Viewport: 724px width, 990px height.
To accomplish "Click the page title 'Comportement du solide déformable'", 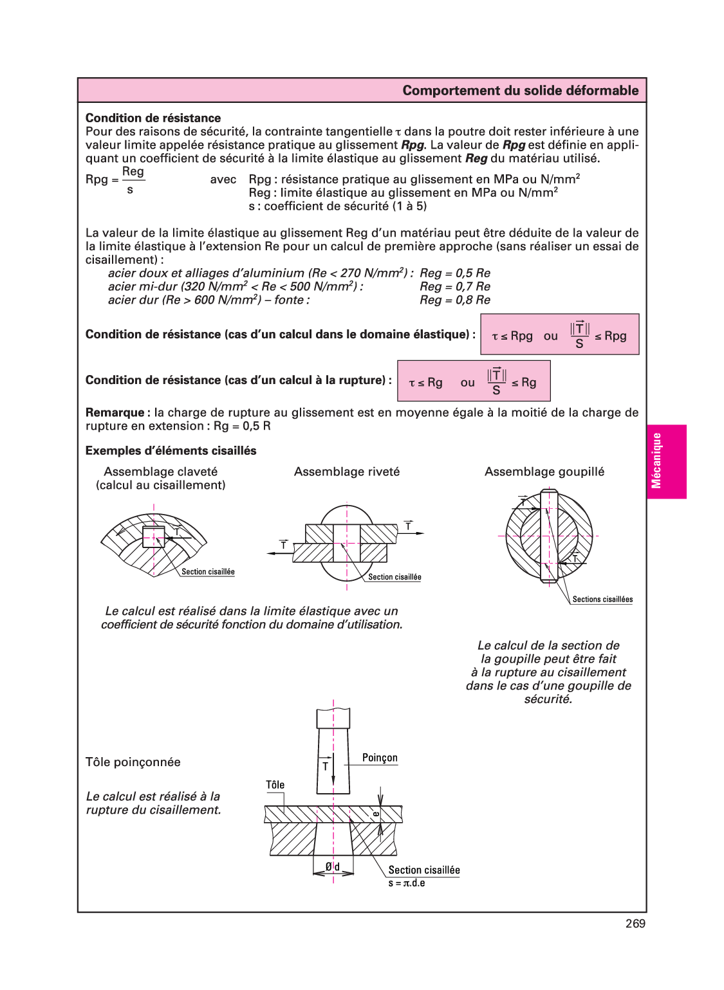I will pyautogui.click(x=520, y=91).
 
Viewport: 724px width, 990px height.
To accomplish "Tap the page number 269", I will pyautogui.click(x=635, y=924).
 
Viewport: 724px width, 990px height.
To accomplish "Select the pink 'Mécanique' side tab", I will pyautogui.click(x=667, y=461).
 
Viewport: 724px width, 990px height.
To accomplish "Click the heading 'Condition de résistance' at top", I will pyautogui.click(x=153, y=118).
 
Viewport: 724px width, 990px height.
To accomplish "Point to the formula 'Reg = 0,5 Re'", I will pyautogui.click(x=455, y=273).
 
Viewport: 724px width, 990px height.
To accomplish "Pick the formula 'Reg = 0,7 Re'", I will pyautogui.click(x=455, y=287).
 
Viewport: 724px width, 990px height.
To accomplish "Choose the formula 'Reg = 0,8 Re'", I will pyautogui.click(x=455, y=300).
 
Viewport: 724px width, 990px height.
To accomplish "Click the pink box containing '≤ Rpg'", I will pyautogui.click(x=559, y=335).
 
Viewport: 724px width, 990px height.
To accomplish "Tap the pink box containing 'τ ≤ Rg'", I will pyautogui.click(x=474, y=381).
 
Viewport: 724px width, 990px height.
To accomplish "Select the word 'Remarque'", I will pyautogui.click(x=115, y=412).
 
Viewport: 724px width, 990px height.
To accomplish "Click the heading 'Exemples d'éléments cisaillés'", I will pyautogui.click(x=171, y=451).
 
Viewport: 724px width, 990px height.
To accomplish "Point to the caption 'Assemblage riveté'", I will pyautogui.click(x=347, y=472).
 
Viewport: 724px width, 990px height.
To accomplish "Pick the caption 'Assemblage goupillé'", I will pyautogui.click(x=544, y=472).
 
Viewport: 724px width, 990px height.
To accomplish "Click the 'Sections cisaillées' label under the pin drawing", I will pyautogui.click(x=602, y=600).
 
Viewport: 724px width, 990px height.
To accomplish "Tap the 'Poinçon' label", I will pyautogui.click(x=380, y=758).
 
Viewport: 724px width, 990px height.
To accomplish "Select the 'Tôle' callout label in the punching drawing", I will pyautogui.click(x=275, y=785).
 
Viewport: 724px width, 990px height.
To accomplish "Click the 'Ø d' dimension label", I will pyautogui.click(x=333, y=866).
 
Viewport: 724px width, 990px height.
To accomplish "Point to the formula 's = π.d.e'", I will pyautogui.click(x=406, y=883).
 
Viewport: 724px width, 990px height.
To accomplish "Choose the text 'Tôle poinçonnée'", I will pyautogui.click(x=133, y=762).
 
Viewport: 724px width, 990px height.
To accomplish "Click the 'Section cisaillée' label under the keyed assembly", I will pyautogui.click(x=208, y=572).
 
